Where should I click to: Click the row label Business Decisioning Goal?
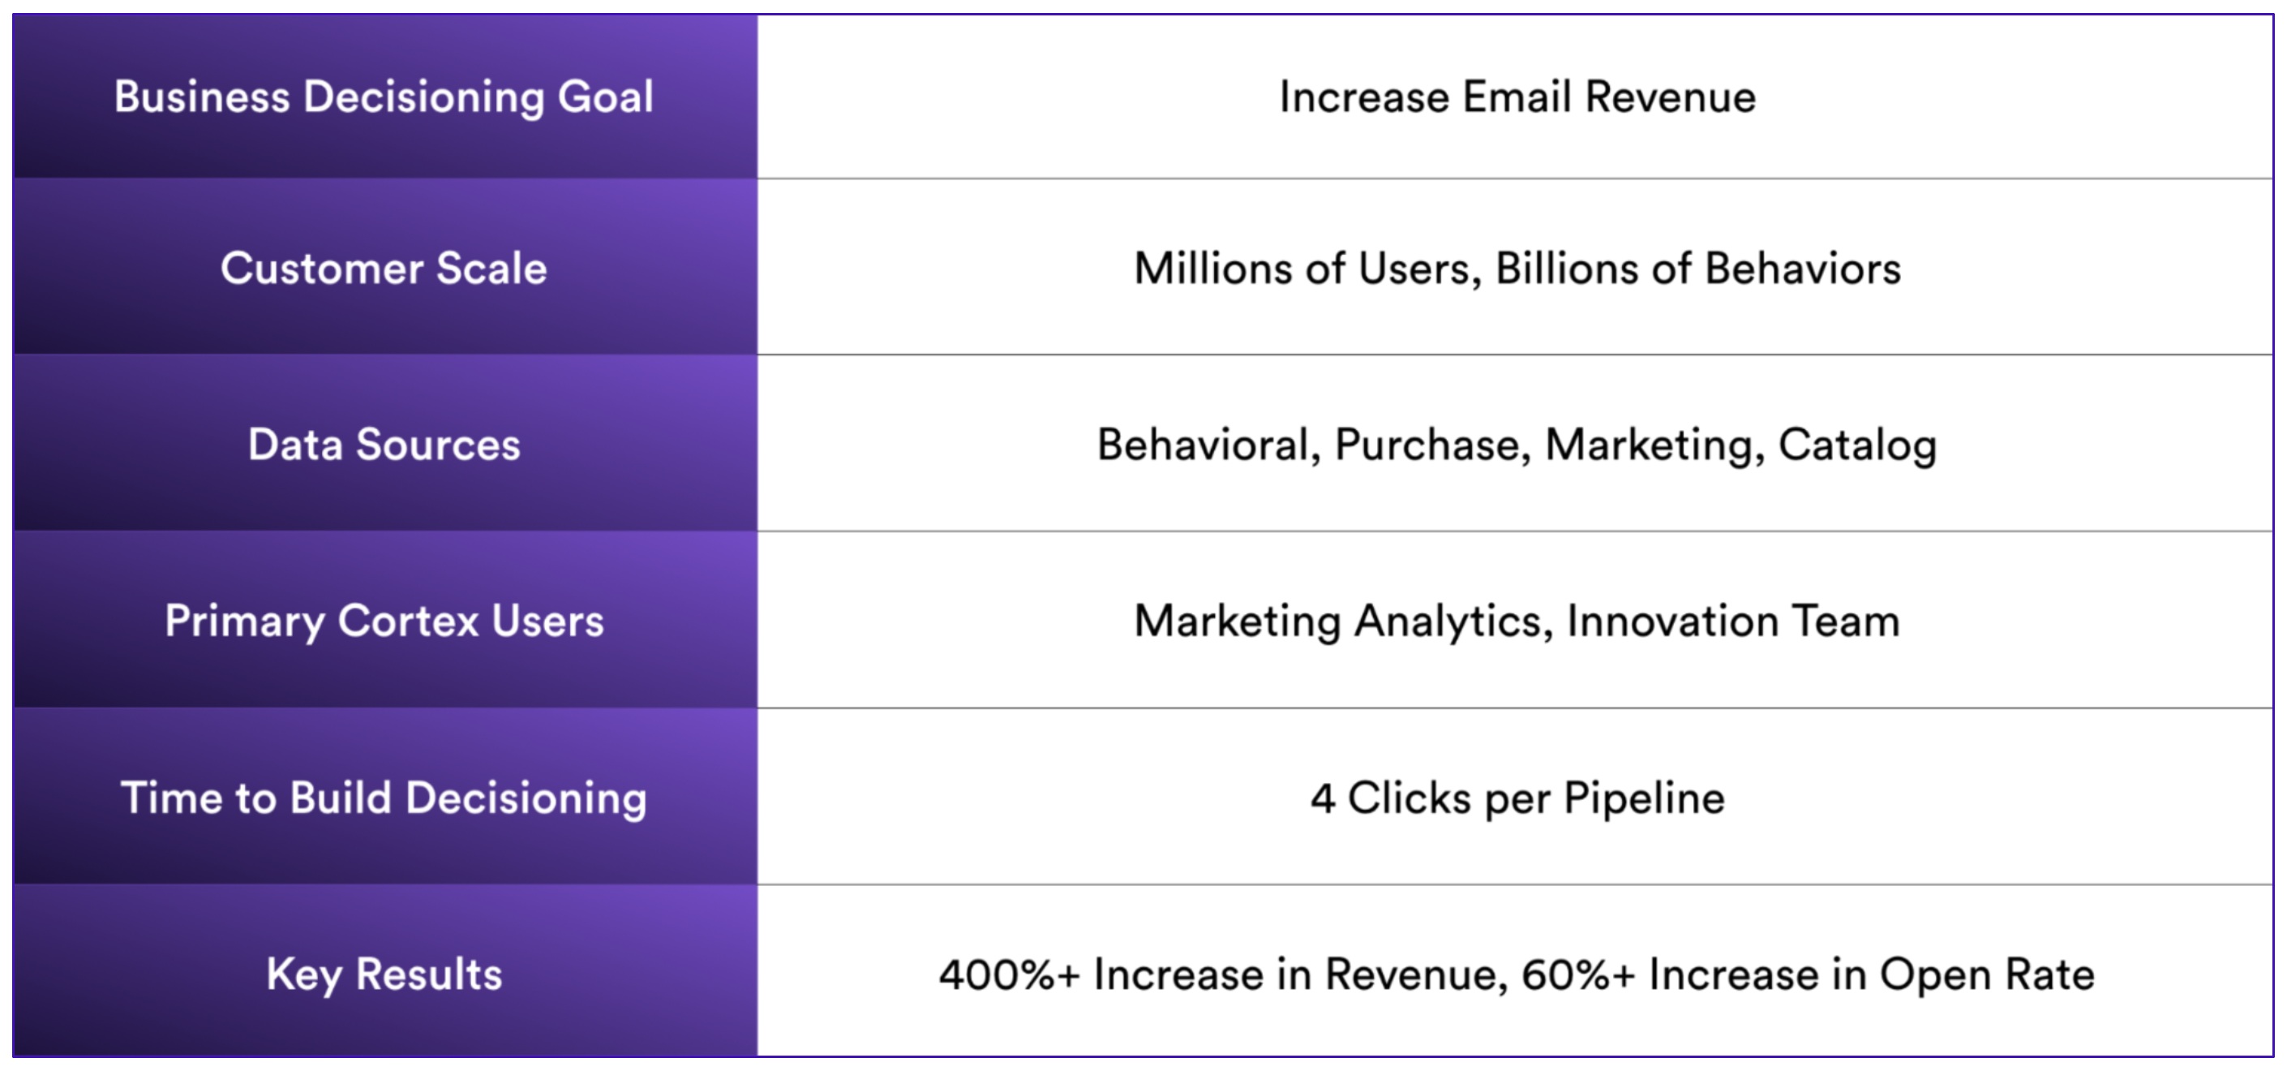click(x=384, y=97)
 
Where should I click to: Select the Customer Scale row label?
click(x=384, y=269)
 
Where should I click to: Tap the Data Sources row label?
click(x=384, y=444)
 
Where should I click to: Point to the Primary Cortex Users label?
click(x=384, y=622)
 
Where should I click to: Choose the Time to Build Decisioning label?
click(x=384, y=798)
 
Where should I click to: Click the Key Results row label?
click(x=384, y=975)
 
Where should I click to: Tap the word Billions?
click(x=1567, y=269)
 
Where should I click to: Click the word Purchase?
click(x=1433, y=444)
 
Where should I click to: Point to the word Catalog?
click(x=1857, y=445)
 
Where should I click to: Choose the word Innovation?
click(x=1672, y=621)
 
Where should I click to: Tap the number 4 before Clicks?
click(x=1323, y=798)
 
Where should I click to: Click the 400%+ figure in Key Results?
click(x=1010, y=975)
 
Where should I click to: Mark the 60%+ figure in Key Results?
click(x=1577, y=975)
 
